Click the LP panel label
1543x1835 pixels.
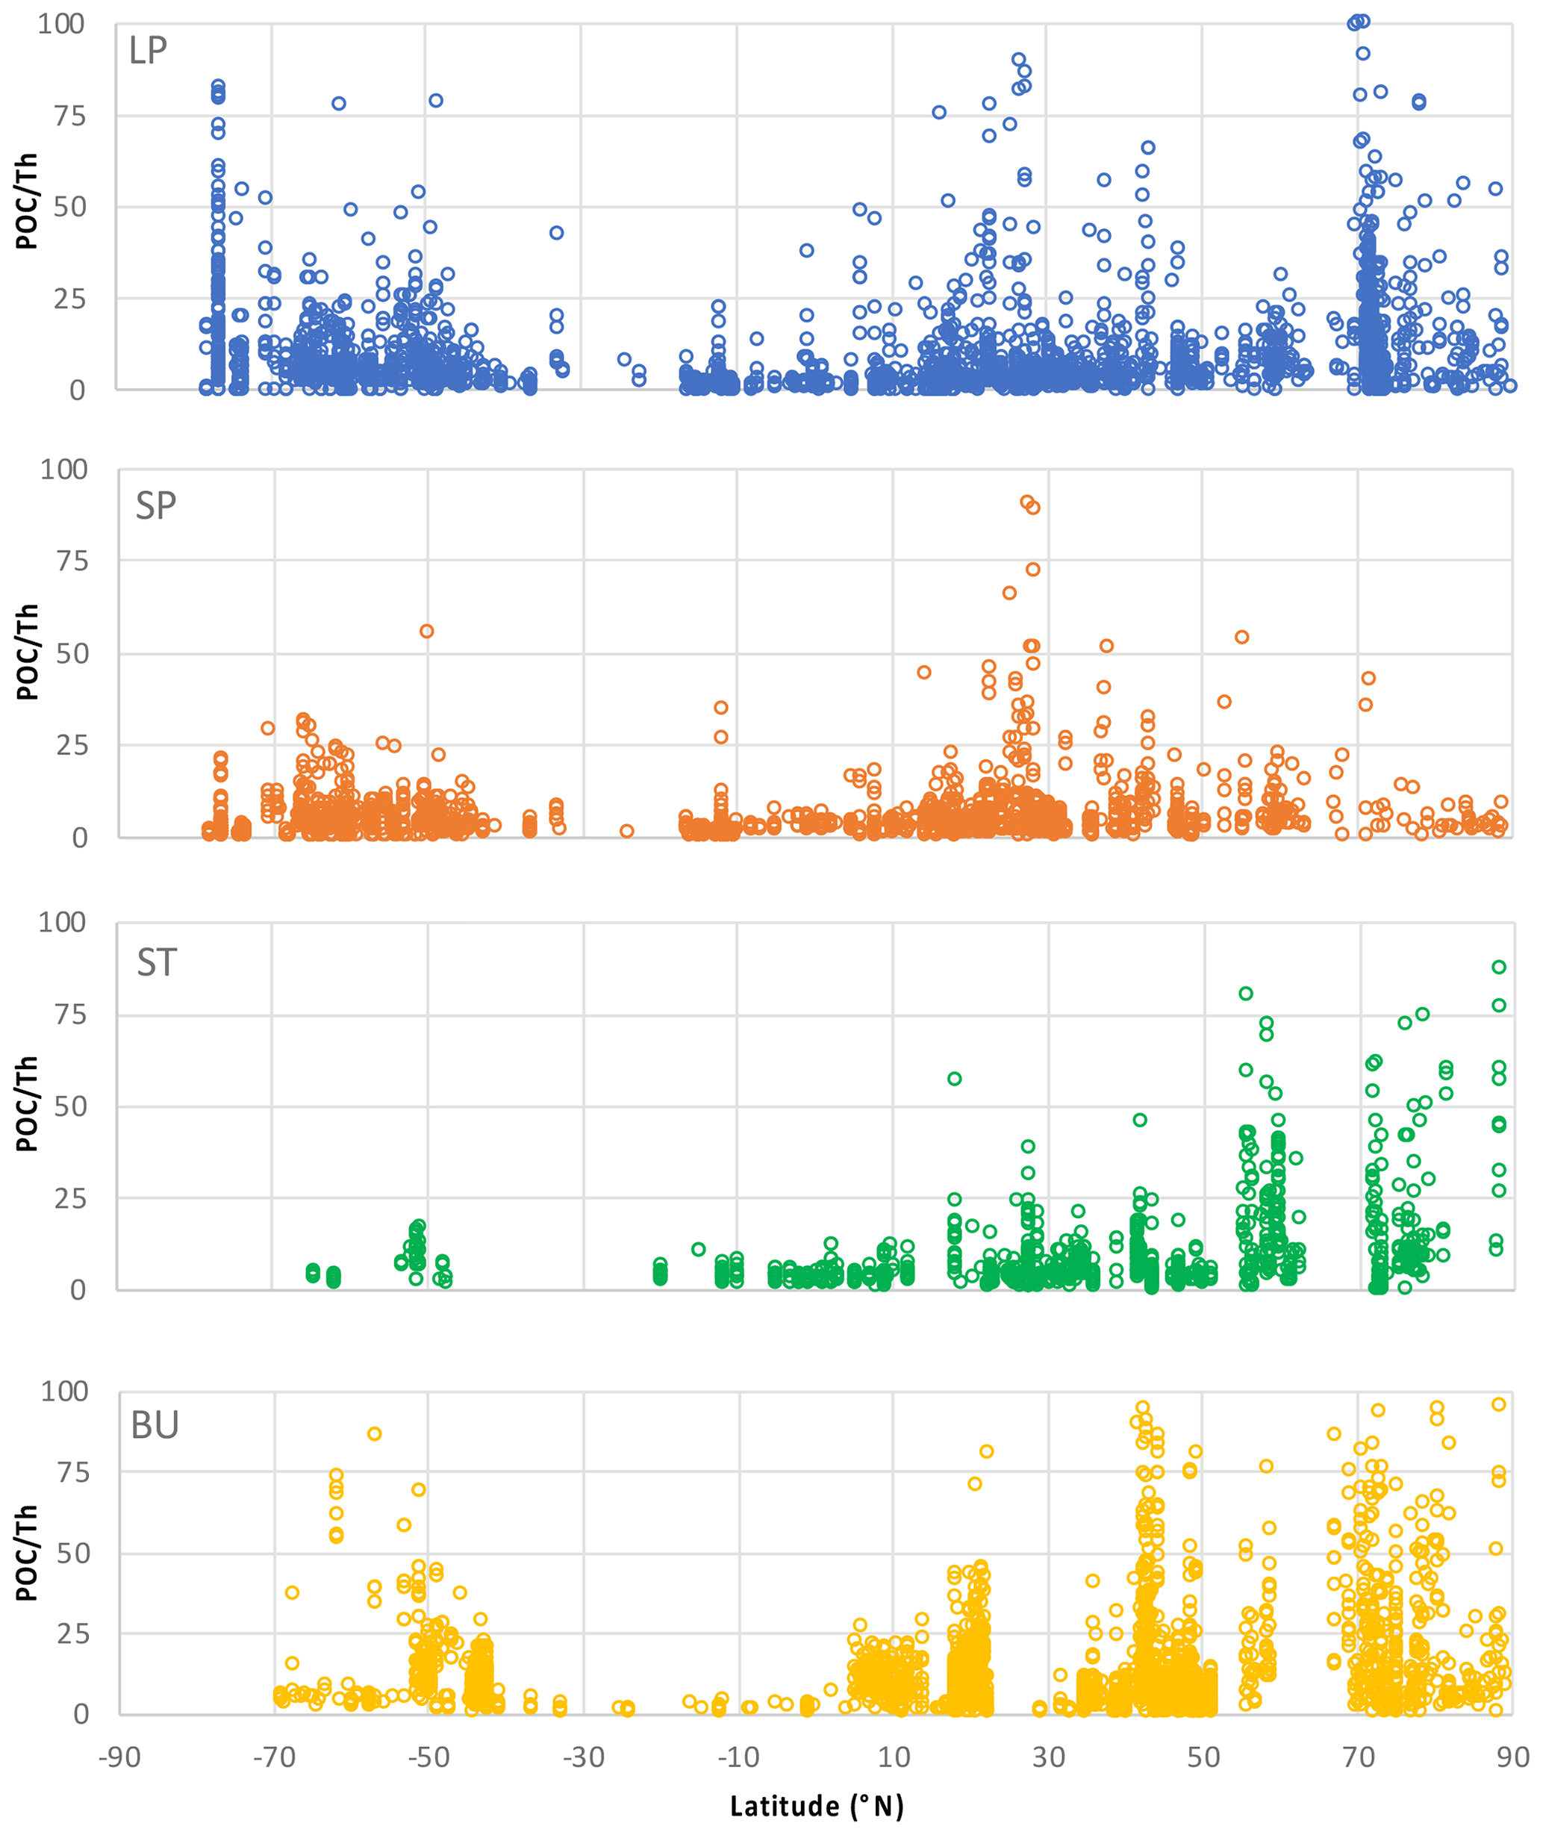pyautogui.click(x=148, y=51)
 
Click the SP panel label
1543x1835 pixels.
pyautogui.click(x=156, y=506)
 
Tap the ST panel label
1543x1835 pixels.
pyautogui.click(x=157, y=963)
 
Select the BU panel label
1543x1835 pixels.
pyautogui.click(x=155, y=1425)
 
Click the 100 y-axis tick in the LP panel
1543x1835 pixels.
pyautogui.click(x=61, y=25)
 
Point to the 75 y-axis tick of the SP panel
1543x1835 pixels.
pyautogui.click(x=66, y=561)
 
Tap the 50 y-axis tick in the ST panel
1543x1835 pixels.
pyautogui.click(x=66, y=1106)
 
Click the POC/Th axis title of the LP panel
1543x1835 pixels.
pyautogui.click(x=28, y=201)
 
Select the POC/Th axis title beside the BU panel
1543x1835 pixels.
pyautogui.click(x=28, y=1554)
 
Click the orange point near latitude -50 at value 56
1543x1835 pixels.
pyautogui.click(x=427, y=632)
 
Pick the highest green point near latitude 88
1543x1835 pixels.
pyautogui.click(x=1498, y=968)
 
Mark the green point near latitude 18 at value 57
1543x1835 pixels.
pyautogui.click(x=954, y=1079)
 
